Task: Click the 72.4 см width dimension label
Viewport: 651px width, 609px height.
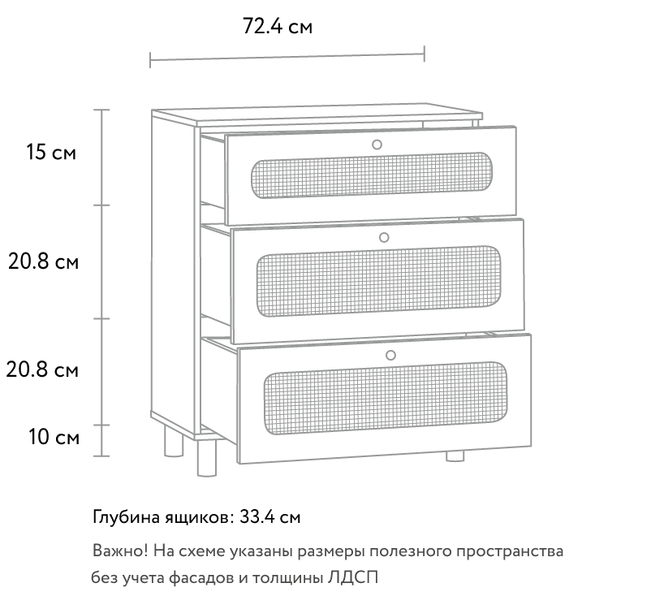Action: click(278, 26)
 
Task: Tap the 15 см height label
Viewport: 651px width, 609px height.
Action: click(51, 152)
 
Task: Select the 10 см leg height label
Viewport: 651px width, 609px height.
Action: click(54, 437)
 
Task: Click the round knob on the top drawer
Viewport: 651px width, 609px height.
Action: click(377, 145)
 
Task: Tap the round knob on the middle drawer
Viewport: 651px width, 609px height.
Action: click(384, 238)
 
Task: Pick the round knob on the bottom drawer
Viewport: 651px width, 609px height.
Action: click(390, 355)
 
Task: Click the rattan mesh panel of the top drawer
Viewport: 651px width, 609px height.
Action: click(372, 175)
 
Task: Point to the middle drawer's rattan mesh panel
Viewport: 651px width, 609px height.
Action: click(379, 281)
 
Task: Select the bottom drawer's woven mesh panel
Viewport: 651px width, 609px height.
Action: click(386, 398)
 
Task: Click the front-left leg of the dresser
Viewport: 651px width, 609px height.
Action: click(207, 458)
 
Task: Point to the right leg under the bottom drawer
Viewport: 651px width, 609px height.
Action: click(455, 456)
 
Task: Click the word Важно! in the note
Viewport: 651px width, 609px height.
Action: click(120, 551)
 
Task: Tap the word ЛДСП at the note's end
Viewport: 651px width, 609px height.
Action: click(353, 578)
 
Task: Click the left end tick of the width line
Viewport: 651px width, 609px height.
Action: click(150, 60)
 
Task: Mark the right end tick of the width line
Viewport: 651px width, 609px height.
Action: click(424, 54)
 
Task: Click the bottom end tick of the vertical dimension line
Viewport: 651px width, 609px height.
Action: click(101, 456)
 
